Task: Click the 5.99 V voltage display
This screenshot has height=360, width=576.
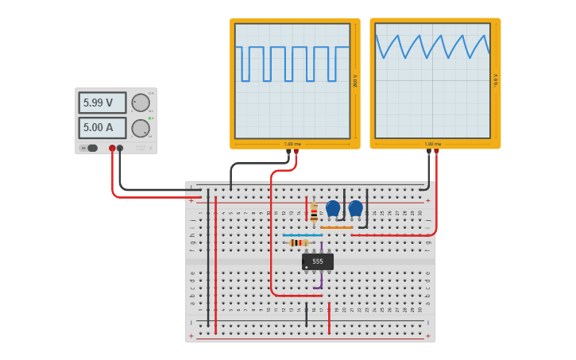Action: pyautogui.click(x=102, y=103)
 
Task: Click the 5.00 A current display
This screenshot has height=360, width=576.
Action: pyautogui.click(x=102, y=127)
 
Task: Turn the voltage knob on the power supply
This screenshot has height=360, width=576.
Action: pyautogui.click(x=141, y=103)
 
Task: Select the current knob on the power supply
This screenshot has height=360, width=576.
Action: pyautogui.click(x=141, y=128)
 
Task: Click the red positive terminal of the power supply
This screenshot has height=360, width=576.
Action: pyautogui.click(x=112, y=148)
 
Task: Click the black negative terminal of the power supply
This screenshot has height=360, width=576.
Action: pyautogui.click(x=120, y=148)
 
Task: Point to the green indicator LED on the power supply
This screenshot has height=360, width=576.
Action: pyautogui.click(x=149, y=118)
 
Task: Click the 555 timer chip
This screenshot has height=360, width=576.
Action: pyautogui.click(x=318, y=261)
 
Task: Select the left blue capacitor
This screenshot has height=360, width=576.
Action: pyautogui.click(x=333, y=208)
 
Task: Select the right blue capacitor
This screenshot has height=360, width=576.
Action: pyautogui.click(x=355, y=208)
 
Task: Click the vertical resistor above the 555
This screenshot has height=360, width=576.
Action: pyautogui.click(x=314, y=212)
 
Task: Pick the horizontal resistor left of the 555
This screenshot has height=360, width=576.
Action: pyautogui.click(x=299, y=242)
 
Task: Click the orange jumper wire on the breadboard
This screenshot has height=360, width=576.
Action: pyautogui.click(x=337, y=228)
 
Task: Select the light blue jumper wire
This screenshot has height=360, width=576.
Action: pyautogui.click(x=303, y=235)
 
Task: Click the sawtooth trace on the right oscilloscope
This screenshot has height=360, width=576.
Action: pyautogui.click(x=432, y=46)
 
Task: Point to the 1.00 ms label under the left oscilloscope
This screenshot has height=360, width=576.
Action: pyautogui.click(x=292, y=144)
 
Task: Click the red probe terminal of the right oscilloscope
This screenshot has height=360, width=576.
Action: pyautogui.click(x=436, y=151)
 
